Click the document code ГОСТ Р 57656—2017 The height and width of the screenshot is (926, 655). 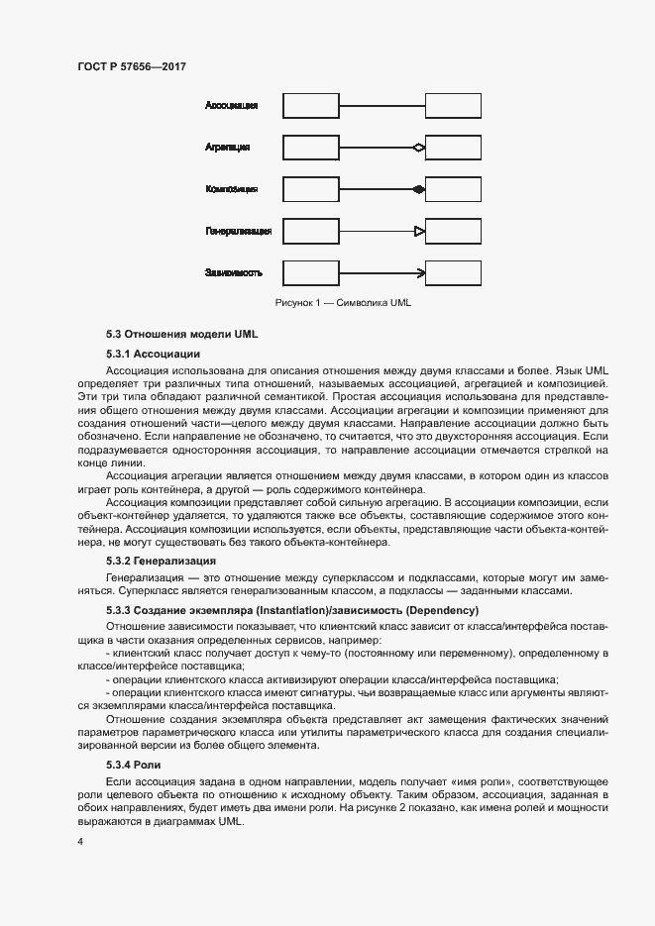(132, 66)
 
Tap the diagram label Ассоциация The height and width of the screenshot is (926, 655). (232, 104)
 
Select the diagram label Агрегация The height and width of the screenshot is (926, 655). (227, 147)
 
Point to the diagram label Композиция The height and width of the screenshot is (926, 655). (232, 188)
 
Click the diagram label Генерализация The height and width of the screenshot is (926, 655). (238, 231)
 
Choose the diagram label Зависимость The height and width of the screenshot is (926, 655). (234, 272)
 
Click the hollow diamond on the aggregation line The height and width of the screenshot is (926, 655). (419, 148)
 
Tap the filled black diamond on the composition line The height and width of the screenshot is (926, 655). (419, 189)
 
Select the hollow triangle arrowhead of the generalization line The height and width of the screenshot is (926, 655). (419, 232)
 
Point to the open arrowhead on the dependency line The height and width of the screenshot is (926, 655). (421, 273)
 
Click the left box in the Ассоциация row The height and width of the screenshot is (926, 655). (311, 105)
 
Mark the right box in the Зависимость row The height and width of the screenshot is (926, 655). (454, 273)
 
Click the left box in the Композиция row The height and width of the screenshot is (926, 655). (311, 189)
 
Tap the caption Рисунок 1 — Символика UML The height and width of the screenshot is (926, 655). (343, 302)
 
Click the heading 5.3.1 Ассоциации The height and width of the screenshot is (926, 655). (154, 353)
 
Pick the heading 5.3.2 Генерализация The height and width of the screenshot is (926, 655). (161, 562)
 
